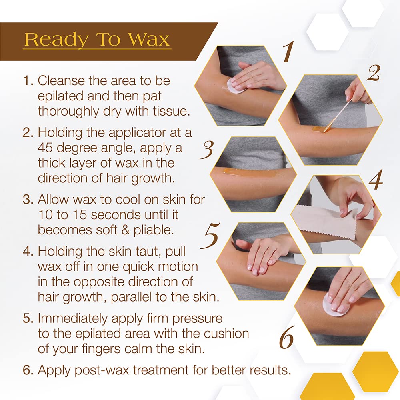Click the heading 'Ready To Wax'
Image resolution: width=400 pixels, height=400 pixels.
point(97,40)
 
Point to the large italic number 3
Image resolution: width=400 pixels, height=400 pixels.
point(207,149)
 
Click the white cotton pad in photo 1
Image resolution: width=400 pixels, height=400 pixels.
point(235,86)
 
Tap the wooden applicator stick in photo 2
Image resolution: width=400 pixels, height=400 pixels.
point(338,116)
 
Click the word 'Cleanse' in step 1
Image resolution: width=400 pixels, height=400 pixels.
point(64,80)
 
